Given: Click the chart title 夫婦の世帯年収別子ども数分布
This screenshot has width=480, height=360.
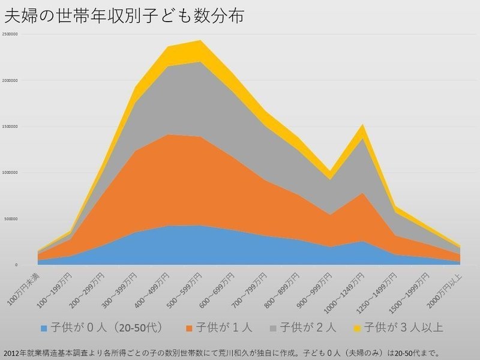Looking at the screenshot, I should tap(124, 16).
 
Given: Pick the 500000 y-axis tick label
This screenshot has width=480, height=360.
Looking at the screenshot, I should tap(10, 219).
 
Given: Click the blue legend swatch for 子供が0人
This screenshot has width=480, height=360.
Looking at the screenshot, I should tap(44, 328).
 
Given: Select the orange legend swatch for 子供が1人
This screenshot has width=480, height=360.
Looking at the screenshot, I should tap(189, 328).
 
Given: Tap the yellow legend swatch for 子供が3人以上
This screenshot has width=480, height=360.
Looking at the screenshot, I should tap(358, 328).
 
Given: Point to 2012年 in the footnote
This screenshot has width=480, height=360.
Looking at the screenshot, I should tap(12, 352).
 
